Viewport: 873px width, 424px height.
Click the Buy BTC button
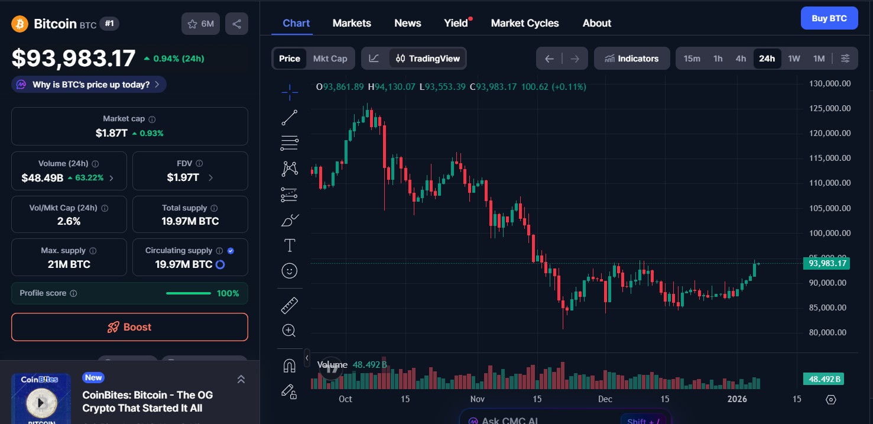[829, 18]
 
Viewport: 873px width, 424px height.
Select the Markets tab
[352, 23]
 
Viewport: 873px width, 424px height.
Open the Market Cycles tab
[524, 23]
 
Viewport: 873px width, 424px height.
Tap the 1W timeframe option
[794, 59]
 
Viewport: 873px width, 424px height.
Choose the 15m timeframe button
[692, 59]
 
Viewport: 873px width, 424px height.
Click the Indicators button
[631, 59]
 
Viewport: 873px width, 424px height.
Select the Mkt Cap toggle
[330, 59]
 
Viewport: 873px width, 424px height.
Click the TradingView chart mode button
[427, 59]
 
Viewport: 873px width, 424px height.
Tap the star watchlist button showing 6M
[200, 24]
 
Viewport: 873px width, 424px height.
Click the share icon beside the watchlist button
[236, 24]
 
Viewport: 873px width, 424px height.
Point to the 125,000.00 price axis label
[830, 108]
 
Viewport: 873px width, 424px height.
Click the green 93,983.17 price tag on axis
[826, 263]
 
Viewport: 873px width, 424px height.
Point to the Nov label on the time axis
[478, 399]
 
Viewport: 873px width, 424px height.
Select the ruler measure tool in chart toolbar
[289, 305]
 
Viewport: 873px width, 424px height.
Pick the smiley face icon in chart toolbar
[289, 271]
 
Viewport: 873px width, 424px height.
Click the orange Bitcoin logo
[20, 24]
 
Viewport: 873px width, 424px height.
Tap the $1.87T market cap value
[112, 133]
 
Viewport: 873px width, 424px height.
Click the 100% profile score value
[228, 293]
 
